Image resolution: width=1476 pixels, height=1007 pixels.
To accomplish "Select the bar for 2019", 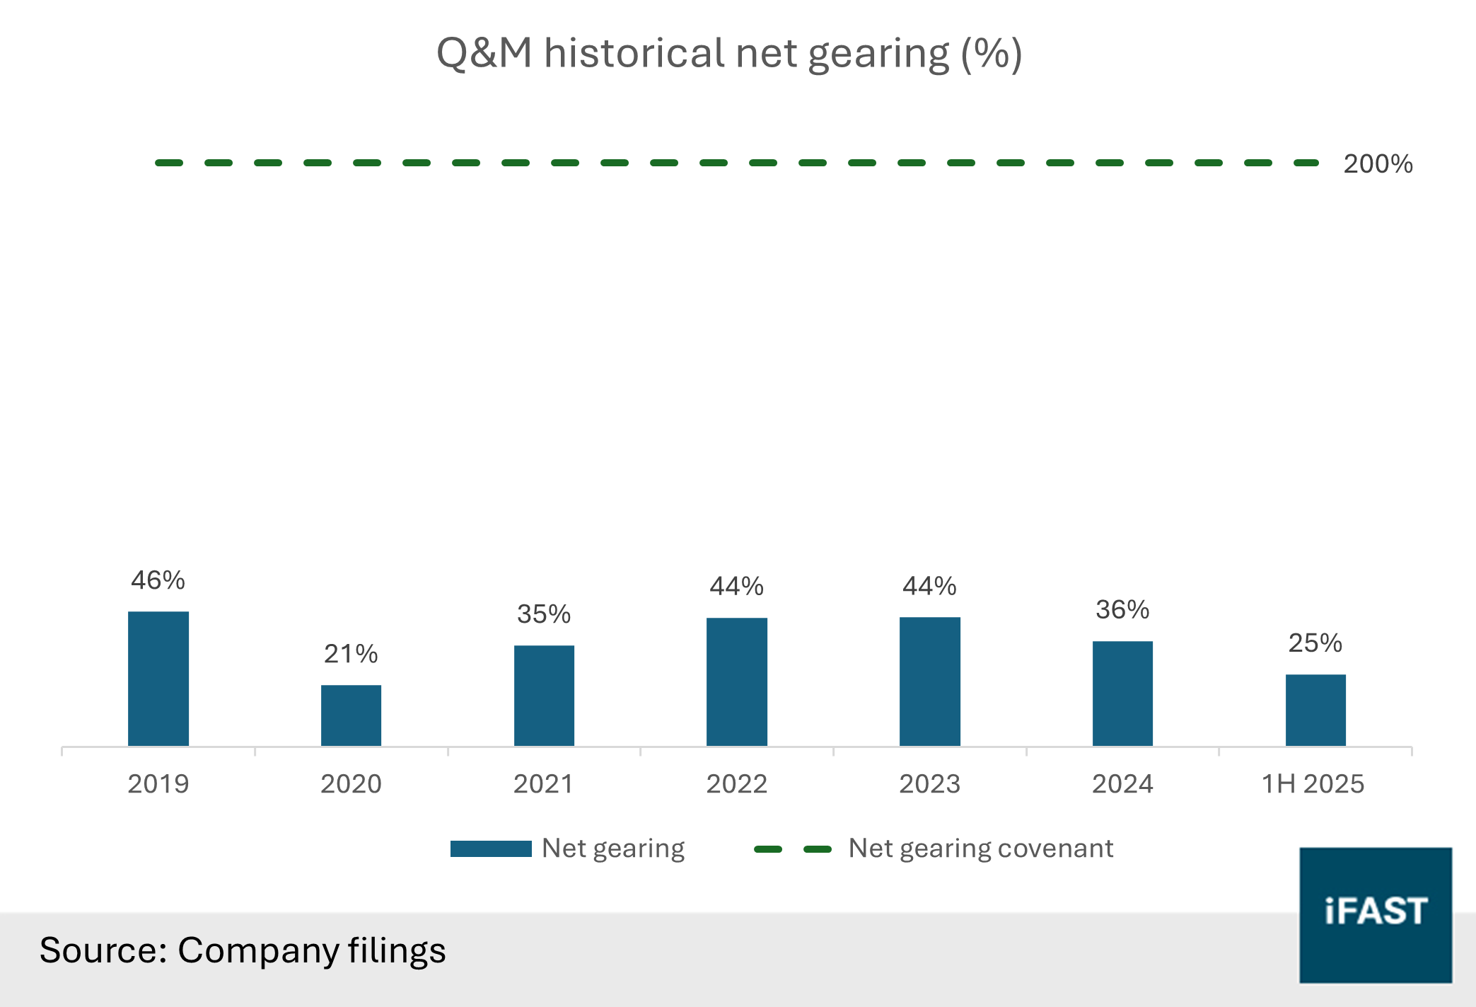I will click(x=158, y=678).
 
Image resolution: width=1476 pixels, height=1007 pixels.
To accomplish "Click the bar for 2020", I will click(x=351, y=715).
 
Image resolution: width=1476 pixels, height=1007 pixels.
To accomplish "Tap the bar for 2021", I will click(x=544, y=695).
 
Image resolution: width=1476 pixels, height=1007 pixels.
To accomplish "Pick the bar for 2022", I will click(x=736, y=681).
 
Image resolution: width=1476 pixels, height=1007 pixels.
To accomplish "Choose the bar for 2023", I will click(x=929, y=681).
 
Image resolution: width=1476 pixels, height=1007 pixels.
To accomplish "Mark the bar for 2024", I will click(x=1122, y=693).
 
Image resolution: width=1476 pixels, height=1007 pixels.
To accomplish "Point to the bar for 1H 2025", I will click(x=1315, y=709).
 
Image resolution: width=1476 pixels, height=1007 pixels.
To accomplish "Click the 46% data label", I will click(x=158, y=580).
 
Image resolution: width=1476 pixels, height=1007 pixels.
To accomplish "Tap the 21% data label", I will click(x=351, y=654).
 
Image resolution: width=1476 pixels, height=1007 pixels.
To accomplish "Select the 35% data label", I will click(x=544, y=614).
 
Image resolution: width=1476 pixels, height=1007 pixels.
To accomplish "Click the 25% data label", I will click(x=1315, y=643).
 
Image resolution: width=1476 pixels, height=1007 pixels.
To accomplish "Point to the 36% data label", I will click(x=1122, y=610).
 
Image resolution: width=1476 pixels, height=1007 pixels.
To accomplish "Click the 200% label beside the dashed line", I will click(x=1378, y=164).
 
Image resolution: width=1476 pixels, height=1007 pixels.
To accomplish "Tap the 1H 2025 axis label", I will click(x=1313, y=784).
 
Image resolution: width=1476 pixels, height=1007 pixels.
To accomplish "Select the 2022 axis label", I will click(x=736, y=784).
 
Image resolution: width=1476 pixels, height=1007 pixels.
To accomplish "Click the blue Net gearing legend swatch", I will click(x=491, y=848).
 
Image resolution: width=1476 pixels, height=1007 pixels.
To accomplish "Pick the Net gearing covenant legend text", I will click(x=980, y=848).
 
